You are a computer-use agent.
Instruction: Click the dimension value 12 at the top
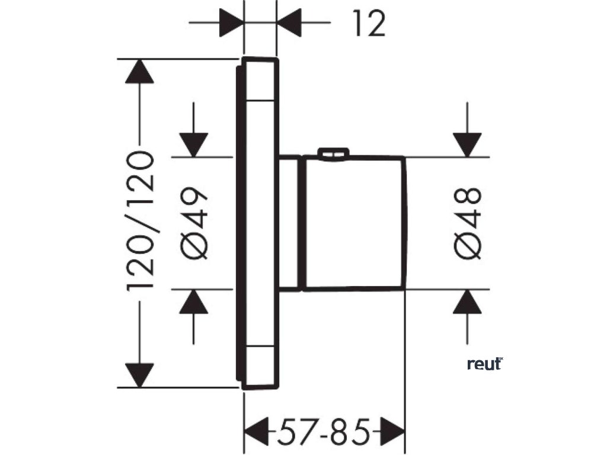[x=368, y=24]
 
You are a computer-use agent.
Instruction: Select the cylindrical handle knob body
[x=354, y=223]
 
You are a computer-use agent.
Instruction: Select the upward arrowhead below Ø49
[x=194, y=302]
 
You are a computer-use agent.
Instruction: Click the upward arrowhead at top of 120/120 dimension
[x=140, y=71]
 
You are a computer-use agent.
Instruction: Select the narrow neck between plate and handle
[x=290, y=223]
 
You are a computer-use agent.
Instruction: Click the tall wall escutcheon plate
[x=260, y=223]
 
